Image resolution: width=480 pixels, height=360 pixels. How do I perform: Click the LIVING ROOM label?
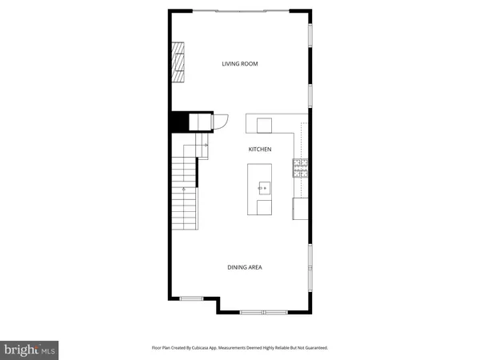pyautogui.click(x=240, y=64)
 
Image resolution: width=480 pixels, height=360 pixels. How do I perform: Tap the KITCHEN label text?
pyautogui.click(x=260, y=150)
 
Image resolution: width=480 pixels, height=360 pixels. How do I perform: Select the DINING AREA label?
pyautogui.click(x=245, y=268)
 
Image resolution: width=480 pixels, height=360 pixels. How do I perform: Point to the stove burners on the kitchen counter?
pyautogui.click(x=301, y=167)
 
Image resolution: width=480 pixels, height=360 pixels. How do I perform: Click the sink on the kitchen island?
pyautogui.click(x=263, y=188)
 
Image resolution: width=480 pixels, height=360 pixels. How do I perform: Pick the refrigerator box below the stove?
pyautogui.click(x=301, y=208)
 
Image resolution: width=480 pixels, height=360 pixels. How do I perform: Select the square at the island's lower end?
pyautogui.click(x=263, y=207)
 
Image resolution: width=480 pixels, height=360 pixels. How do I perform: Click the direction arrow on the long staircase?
pyautogui.click(x=185, y=189)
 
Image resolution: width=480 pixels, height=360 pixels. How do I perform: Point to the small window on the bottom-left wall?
pyautogui.click(x=191, y=298)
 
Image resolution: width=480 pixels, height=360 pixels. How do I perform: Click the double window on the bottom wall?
pyautogui.click(x=264, y=311)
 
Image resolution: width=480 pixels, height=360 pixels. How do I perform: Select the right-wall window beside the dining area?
pyautogui.click(x=310, y=264)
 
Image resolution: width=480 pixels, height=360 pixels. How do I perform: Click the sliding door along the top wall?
pyautogui.click(x=240, y=10)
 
